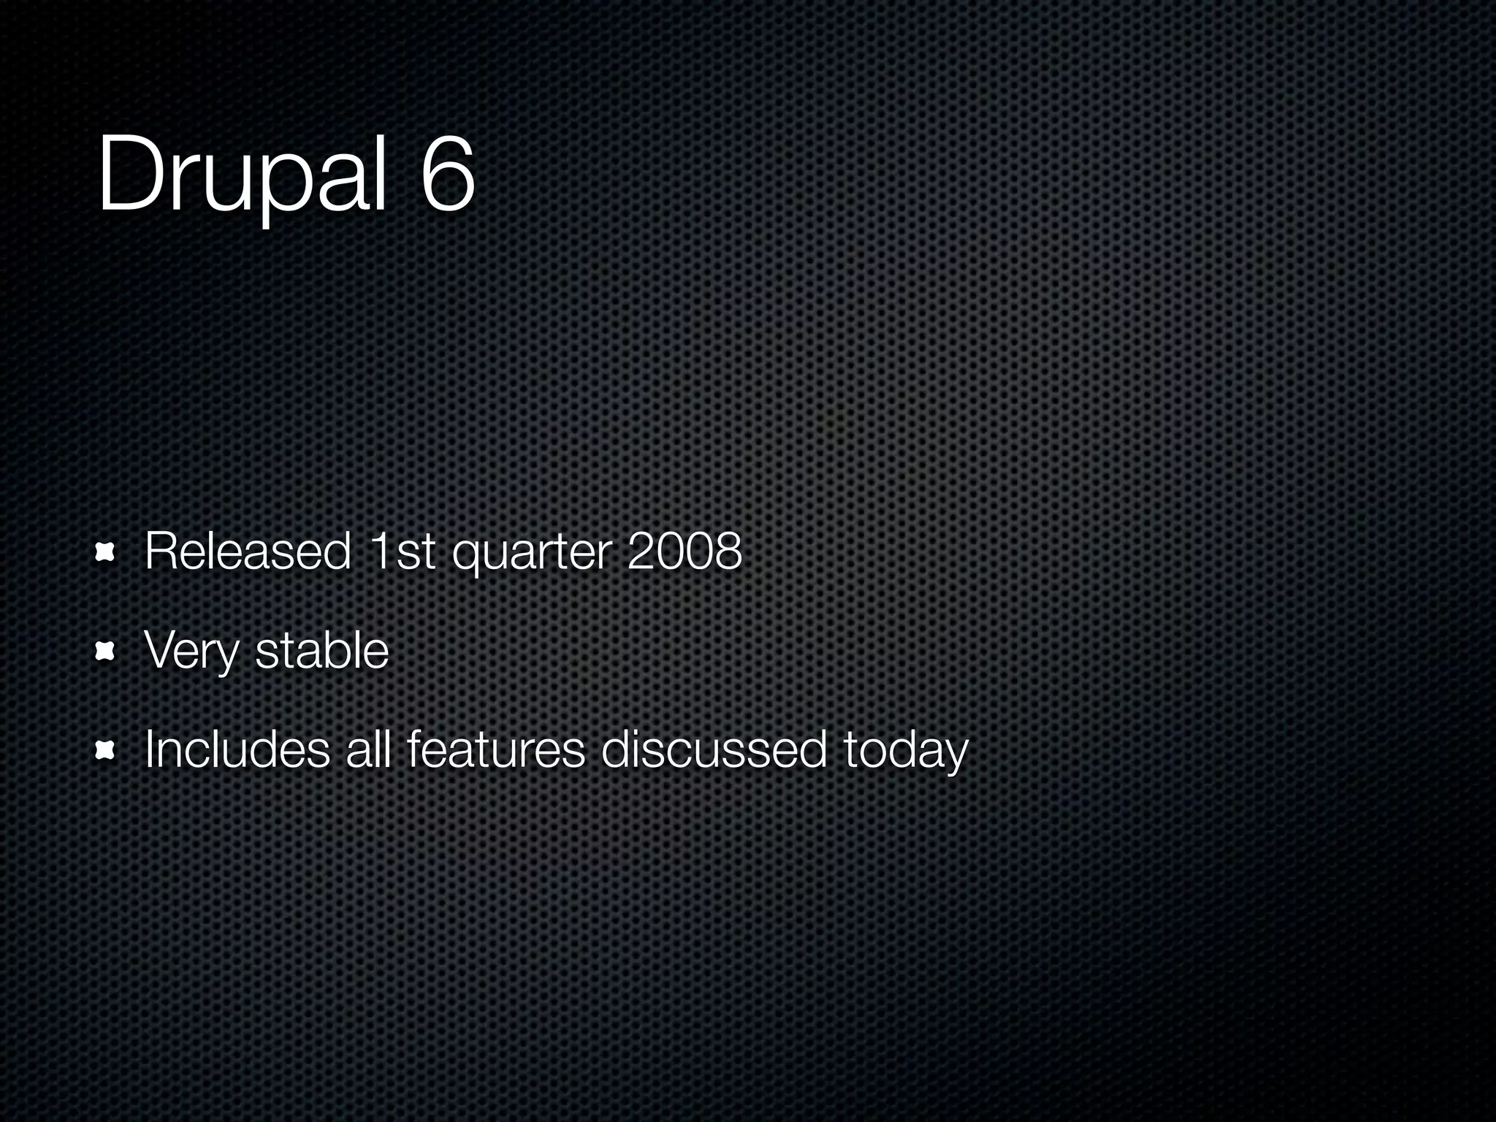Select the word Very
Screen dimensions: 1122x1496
click(x=191, y=652)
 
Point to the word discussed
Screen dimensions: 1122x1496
click(x=714, y=749)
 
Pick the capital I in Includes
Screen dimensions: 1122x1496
click(x=149, y=749)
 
